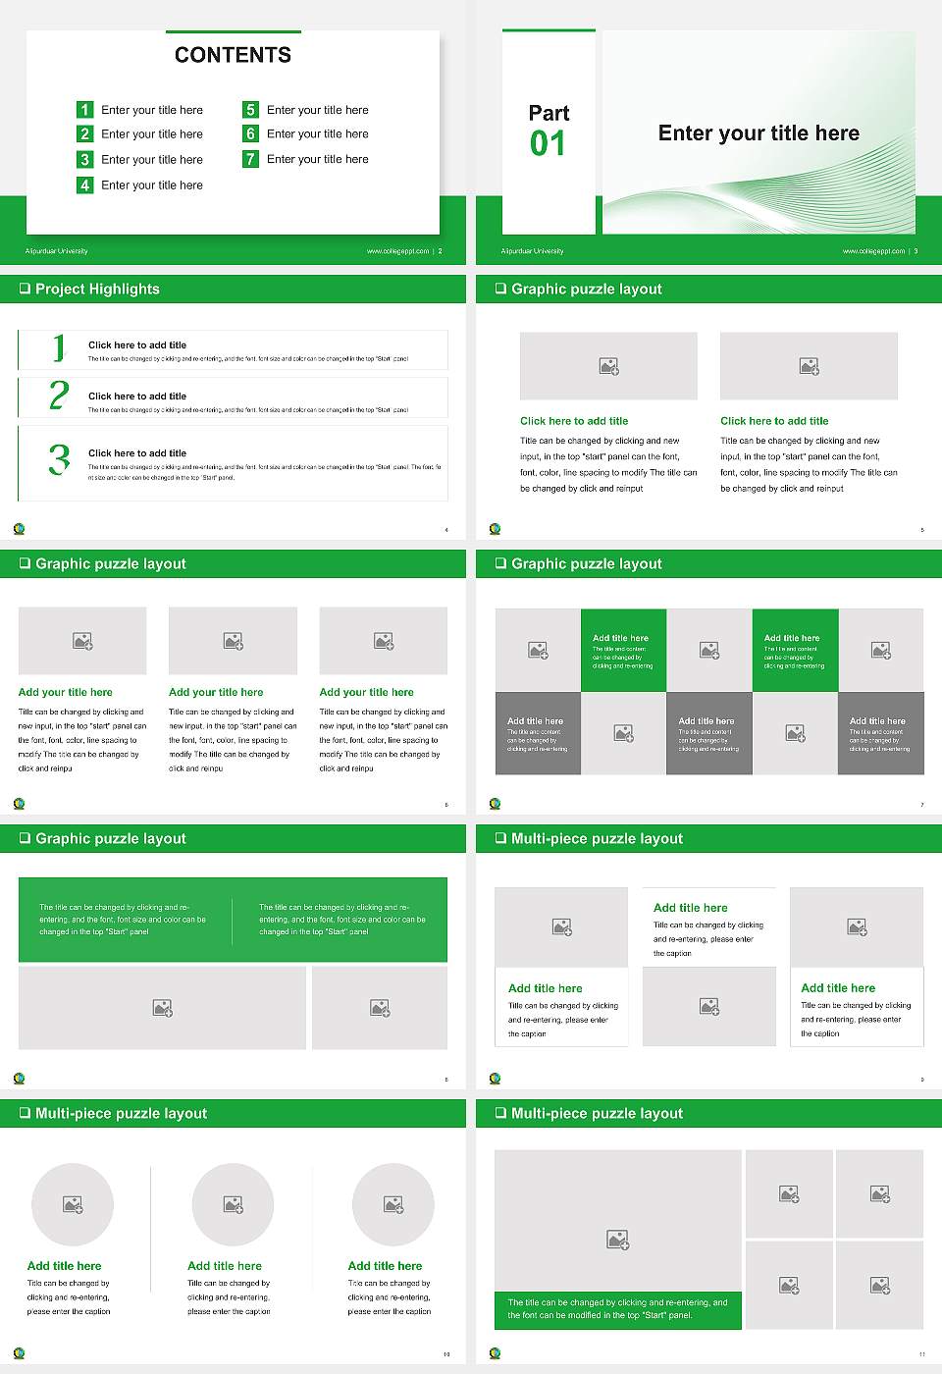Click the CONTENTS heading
(x=233, y=55)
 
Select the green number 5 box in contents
(x=250, y=110)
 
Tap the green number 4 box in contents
(x=84, y=185)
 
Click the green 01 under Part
(x=548, y=144)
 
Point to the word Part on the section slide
(x=549, y=113)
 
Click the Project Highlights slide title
(x=97, y=289)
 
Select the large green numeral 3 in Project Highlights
(x=59, y=459)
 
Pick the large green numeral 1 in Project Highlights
(x=59, y=347)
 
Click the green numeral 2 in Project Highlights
(x=59, y=396)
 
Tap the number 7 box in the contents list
(x=250, y=159)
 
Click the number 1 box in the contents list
(x=84, y=110)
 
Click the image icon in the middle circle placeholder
(x=233, y=1204)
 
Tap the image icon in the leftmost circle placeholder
(x=73, y=1204)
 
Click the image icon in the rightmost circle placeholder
(x=393, y=1204)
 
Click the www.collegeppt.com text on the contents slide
(x=397, y=251)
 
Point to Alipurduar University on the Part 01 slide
(x=532, y=251)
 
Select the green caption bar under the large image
(x=617, y=1309)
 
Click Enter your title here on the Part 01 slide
(x=759, y=133)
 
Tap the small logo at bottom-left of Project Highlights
(x=20, y=529)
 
